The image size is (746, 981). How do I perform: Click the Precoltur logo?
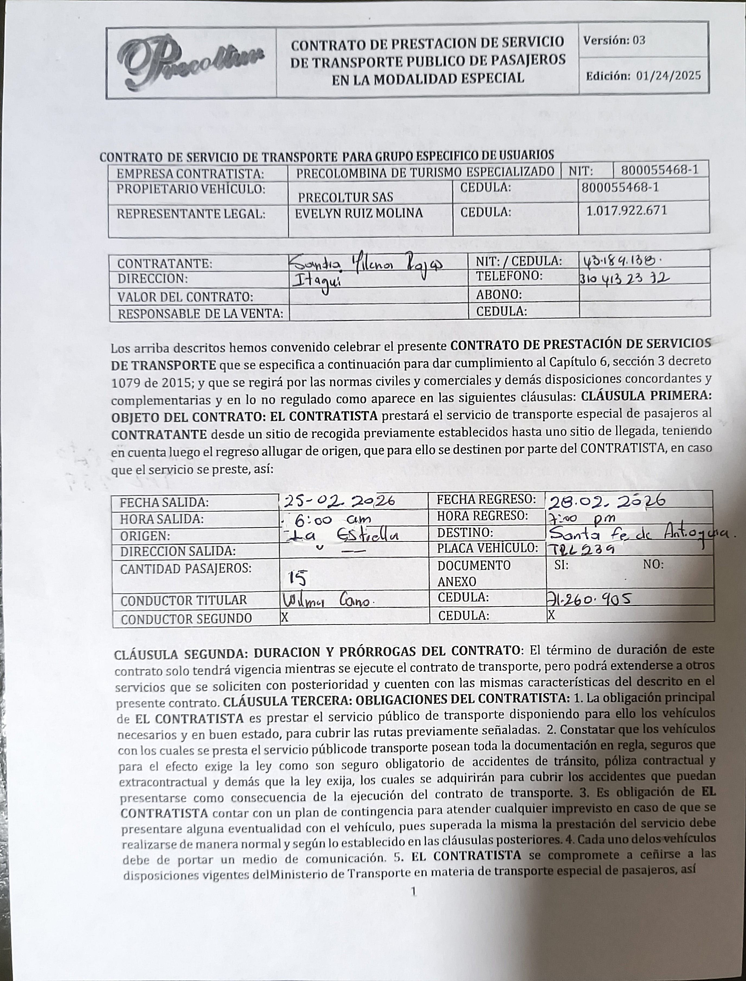pos(191,62)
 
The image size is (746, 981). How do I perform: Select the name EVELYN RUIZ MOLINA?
pos(359,213)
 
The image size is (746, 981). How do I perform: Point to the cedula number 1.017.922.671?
pos(626,210)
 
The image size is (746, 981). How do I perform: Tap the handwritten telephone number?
pos(624,279)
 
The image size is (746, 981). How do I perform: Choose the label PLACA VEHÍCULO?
pos(487,549)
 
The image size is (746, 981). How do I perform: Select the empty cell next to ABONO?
pos(644,293)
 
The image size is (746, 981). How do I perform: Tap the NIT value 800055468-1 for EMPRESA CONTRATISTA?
pos(660,170)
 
